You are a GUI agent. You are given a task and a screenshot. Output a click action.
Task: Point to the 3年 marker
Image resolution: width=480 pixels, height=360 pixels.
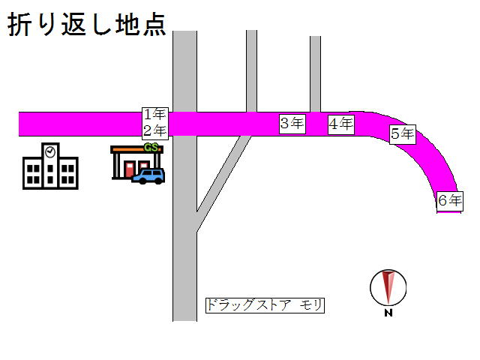(292, 124)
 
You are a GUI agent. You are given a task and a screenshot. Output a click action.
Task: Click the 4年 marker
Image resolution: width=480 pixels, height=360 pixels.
(341, 124)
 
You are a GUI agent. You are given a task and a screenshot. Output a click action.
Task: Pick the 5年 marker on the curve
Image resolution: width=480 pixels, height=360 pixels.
(402, 134)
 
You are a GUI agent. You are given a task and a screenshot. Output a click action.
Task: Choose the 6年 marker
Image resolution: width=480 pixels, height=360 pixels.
(449, 200)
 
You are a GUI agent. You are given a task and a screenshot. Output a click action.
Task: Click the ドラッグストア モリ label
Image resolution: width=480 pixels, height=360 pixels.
(265, 305)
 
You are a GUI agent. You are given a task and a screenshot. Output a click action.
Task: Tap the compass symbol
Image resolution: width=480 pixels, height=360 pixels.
(388, 287)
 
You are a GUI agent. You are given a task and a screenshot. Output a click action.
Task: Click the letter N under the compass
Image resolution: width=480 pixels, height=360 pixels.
(388, 313)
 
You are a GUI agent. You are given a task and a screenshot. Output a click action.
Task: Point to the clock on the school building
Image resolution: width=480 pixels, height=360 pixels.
(50, 151)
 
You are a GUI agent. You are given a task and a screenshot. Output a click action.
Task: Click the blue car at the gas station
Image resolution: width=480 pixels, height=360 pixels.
(148, 176)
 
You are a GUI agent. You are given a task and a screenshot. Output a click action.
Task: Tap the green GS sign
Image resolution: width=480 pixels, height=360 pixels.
(151, 147)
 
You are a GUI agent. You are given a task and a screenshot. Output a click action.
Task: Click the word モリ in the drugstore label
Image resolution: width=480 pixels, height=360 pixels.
(312, 305)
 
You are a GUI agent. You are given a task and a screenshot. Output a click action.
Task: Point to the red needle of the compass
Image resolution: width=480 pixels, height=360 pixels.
(387, 286)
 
